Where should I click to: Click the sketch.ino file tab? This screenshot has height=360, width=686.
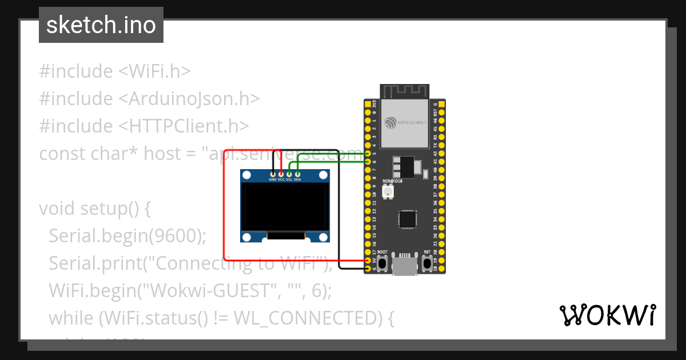pos(101,25)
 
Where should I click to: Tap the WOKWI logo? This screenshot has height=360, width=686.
pos(607,315)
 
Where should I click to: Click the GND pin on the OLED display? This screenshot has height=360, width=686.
pos(273,173)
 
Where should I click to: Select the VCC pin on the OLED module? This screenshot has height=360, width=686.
pos(281,173)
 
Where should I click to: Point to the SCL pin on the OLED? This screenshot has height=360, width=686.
pos(289,173)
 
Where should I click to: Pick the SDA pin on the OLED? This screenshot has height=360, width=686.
pos(297,173)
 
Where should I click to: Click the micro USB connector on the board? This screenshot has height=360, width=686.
pos(405,265)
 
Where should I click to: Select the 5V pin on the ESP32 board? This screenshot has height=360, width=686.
pos(368,260)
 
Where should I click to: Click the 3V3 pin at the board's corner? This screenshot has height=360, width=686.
pos(368,105)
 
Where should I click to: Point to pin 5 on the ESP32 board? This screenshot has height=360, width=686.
pos(368,154)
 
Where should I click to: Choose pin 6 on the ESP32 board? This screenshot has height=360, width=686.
pos(368,162)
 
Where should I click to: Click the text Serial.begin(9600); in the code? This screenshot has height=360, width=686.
pos(127,236)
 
